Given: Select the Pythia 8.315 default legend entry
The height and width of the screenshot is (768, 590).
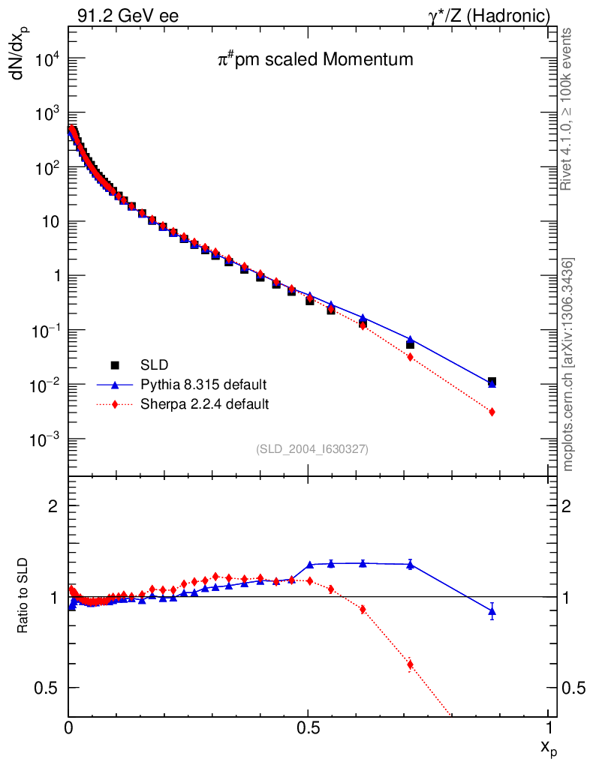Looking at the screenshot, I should [x=203, y=385].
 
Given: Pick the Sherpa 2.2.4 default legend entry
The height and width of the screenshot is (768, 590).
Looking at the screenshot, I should [x=204, y=404].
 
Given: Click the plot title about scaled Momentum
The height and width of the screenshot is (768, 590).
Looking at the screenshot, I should [x=315, y=59].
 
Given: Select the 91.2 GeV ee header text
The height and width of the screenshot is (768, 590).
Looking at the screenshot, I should [x=128, y=16].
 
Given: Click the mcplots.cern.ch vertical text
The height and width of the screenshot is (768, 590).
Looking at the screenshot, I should [x=568, y=364].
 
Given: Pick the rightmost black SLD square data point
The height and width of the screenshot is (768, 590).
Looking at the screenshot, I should [x=492, y=382].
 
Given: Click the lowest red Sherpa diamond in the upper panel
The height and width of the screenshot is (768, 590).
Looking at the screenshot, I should [x=492, y=412].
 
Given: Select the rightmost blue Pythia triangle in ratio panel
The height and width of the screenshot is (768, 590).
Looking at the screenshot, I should [x=492, y=611].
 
